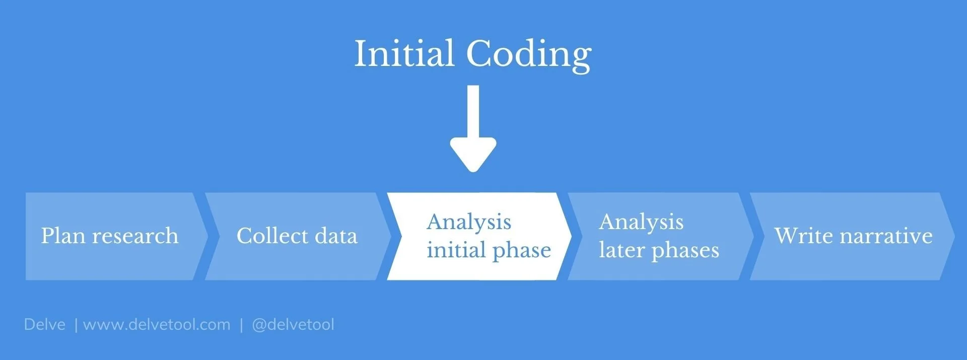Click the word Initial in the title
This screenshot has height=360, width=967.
coord(404,53)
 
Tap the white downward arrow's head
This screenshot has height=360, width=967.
coord(473,154)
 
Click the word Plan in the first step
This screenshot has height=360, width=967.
coord(63,236)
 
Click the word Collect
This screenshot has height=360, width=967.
coord(272,236)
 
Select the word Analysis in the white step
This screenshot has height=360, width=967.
coord(469,222)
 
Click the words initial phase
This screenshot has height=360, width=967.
coord(489,250)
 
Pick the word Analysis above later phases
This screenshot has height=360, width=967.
coord(641,222)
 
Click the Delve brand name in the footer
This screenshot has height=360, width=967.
coord(44,324)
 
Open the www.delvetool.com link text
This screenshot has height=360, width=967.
coord(157,324)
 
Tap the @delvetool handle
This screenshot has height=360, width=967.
coord(293,324)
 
